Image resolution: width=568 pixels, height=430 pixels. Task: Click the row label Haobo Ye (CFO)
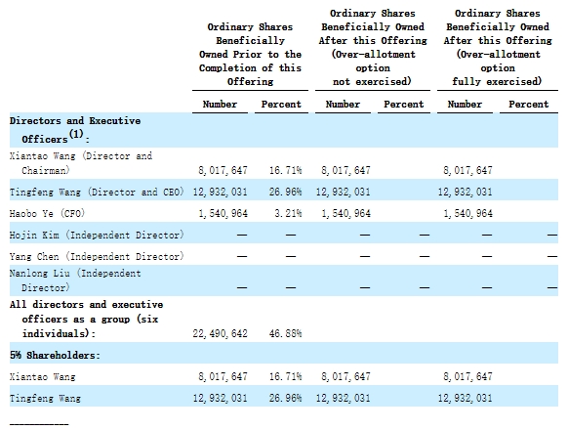pos(47,213)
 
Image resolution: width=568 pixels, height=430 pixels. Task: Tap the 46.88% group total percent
pos(285,333)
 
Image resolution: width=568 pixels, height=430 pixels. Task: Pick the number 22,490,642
pos(220,333)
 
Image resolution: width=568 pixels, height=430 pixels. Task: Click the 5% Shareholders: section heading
pos(55,355)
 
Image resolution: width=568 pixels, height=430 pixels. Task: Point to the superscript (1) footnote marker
pos(76,134)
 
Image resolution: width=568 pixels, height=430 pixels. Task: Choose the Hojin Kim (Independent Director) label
pos(97,235)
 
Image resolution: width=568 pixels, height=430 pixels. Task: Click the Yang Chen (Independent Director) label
pos(97,257)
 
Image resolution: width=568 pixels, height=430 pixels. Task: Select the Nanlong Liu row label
pos(75,280)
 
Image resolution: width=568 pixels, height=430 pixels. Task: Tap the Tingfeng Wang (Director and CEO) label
pos(97,192)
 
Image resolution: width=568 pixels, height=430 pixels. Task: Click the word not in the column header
pos(342,82)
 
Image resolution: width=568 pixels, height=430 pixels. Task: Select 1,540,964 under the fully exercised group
pos(468,213)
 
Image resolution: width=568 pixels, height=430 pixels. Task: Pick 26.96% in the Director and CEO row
pos(285,192)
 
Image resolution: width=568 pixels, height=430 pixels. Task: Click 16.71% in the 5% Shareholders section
pos(285,376)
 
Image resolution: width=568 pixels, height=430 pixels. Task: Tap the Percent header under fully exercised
pos(529,105)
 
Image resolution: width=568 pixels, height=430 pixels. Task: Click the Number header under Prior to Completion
pos(220,105)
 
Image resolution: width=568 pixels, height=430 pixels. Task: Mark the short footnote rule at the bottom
pos(39,424)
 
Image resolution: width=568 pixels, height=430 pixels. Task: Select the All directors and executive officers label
pos(86,319)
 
